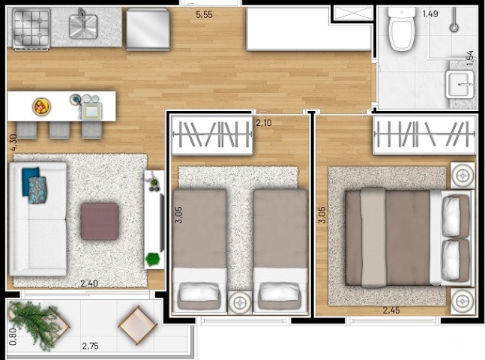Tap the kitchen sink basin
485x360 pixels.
click(85, 26)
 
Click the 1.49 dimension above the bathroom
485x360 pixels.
click(430, 13)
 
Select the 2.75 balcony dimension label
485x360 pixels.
click(91, 347)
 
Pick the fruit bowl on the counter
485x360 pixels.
click(41, 106)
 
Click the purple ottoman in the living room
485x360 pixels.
click(99, 221)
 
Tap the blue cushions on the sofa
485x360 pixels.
click(35, 185)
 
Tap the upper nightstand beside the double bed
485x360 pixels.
click(461, 175)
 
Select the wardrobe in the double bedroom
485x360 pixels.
click(424, 134)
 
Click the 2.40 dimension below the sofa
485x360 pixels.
click(90, 283)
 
